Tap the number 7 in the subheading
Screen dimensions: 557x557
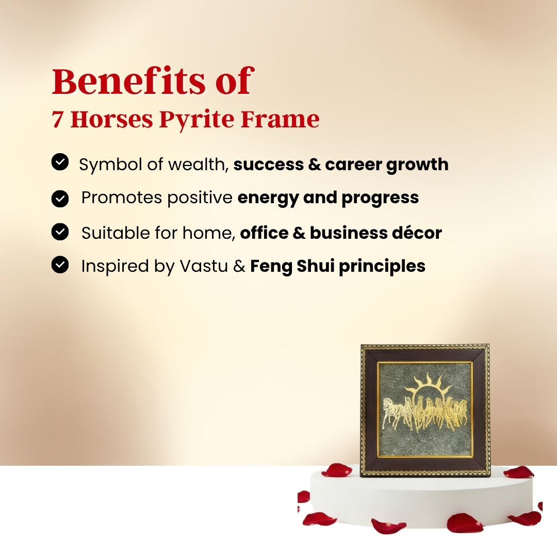[x=57, y=120]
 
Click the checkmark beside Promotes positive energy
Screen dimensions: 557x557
[x=60, y=198]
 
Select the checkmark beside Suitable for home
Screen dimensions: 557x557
[x=60, y=232]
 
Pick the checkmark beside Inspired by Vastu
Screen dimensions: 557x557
[x=60, y=266]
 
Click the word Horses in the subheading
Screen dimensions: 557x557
[x=111, y=120]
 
